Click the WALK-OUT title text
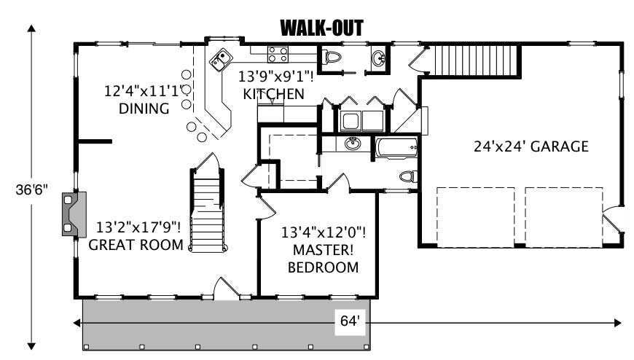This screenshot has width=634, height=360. (321, 28)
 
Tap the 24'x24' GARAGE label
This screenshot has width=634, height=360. (531, 146)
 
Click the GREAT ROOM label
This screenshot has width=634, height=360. (136, 235)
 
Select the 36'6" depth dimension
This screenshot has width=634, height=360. (31, 189)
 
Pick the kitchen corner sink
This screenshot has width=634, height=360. (221, 59)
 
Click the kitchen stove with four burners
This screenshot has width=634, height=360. (278, 54)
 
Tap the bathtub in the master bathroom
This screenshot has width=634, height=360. (397, 148)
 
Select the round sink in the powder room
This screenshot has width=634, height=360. (379, 59)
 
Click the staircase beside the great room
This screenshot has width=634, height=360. (206, 210)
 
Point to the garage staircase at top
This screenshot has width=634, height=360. (476, 58)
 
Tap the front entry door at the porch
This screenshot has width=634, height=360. (226, 289)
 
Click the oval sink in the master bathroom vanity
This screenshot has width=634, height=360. (353, 144)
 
